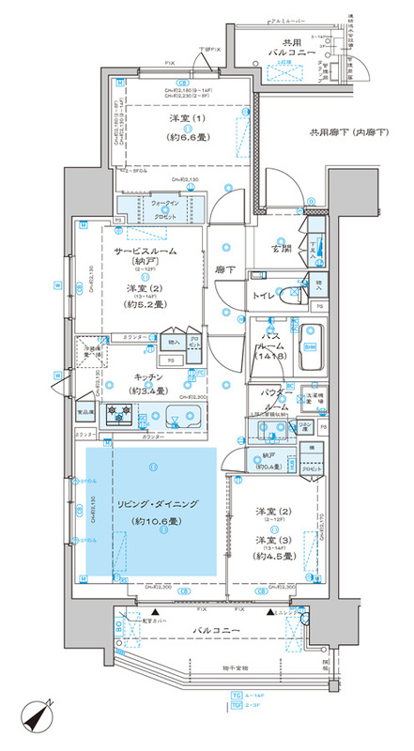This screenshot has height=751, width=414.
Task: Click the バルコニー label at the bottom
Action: coord(218,629)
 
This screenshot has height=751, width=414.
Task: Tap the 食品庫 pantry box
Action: coord(85,411)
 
